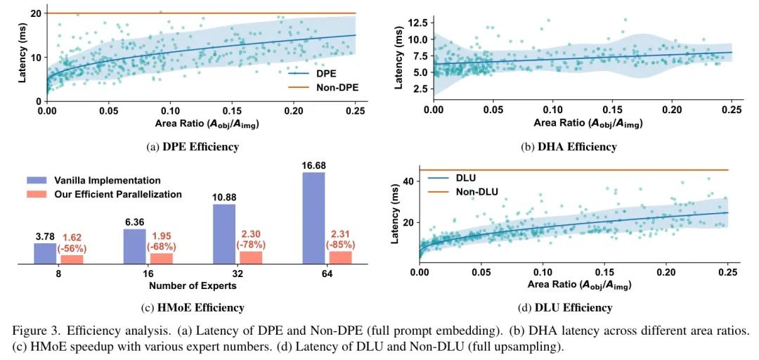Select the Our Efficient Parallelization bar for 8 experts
click(72, 259)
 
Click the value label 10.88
click(223, 198)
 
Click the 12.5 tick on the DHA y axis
click(415, 23)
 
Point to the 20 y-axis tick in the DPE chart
click(34, 13)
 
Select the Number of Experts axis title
click(193, 286)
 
